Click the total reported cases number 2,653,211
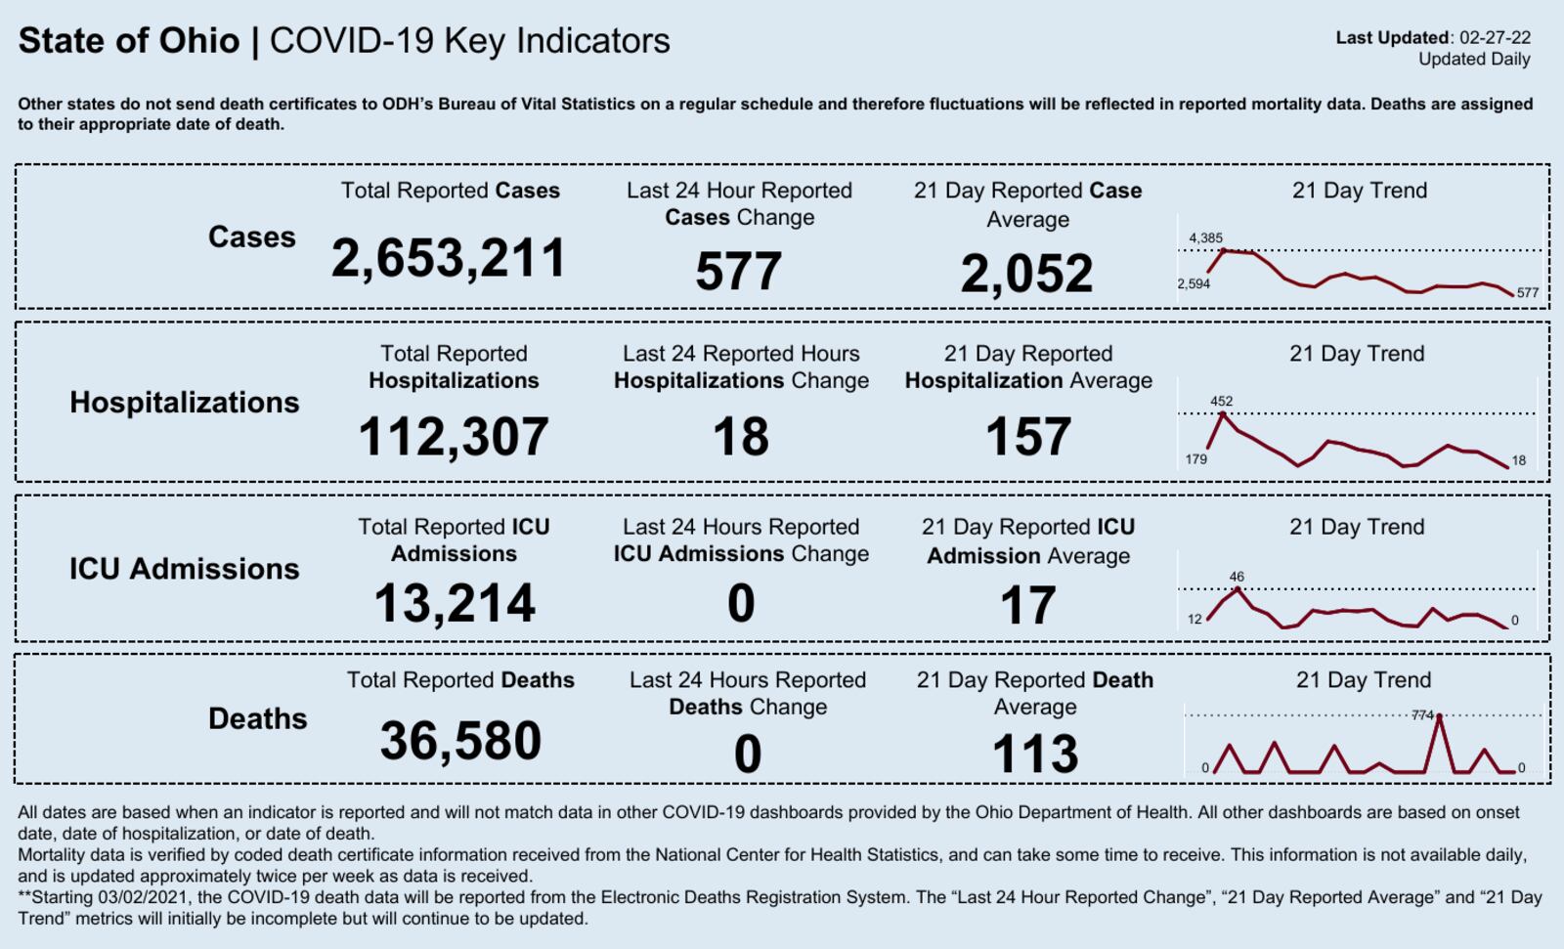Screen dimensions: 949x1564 (449, 259)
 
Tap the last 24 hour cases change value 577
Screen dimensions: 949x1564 (738, 271)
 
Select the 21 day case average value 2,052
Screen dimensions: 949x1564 (1026, 273)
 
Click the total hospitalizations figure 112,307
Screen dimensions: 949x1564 (454, 436)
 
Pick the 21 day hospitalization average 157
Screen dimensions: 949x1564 (1028, 436)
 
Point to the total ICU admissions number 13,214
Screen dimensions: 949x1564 (455, 603)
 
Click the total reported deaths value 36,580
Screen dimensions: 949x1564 (460, 740)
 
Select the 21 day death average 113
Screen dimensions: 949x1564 (1034, 754)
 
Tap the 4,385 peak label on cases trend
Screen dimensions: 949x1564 (1205, 237)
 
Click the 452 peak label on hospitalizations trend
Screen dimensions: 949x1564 (1221, 401)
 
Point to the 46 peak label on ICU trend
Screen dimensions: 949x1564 (1237, 577)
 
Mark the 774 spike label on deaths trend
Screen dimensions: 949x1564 (1422, 715)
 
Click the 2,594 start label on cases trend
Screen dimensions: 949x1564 (1194, 283)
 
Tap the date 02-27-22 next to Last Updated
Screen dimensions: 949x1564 (1495, 38)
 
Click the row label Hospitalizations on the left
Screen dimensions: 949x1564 (184, 402)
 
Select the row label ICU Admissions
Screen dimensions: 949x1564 (184, 568)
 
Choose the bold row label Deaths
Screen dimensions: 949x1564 (257, 718)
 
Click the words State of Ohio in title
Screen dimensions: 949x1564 (128, 41)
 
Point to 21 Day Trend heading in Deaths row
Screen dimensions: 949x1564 (1363, 680)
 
